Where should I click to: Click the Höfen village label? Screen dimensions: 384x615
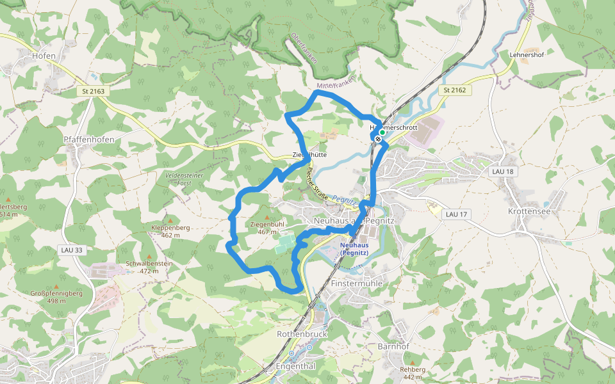[44, 56]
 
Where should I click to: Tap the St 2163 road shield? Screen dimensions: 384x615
[93, 92]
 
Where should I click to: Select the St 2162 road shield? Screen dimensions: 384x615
[454, 90]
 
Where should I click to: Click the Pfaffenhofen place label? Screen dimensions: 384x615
[89, 140]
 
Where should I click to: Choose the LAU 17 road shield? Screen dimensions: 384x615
[455, 214]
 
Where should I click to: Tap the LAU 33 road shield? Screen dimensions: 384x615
[70, 250]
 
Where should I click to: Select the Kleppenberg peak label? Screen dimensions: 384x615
[170, 228]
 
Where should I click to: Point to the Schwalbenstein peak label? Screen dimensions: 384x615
[149, 264]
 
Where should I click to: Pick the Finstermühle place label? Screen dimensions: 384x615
[357, 282]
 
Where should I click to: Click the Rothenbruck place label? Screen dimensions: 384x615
[302, 334]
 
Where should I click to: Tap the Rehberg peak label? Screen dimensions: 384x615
[412, 369]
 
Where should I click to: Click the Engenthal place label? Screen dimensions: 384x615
[295, 367]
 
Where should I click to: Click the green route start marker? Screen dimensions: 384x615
[382, 132]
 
